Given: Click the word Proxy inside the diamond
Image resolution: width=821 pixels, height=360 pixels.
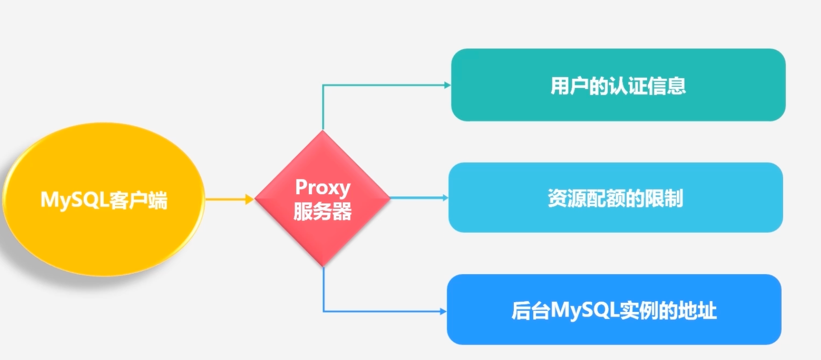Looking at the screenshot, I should (x=323, y=188).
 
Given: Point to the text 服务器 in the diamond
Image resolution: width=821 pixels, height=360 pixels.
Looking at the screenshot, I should (x=323, y=211).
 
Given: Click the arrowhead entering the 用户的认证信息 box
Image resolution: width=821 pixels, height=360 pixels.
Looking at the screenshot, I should (x=447, y=85).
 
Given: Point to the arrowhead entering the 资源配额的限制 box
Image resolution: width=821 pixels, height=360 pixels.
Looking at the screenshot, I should (x=445, y=197).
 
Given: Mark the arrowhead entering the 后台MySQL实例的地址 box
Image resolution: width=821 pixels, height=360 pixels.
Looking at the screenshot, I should (x=443, y=311).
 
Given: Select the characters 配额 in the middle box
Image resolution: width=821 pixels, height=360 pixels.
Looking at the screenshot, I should (x=605, y=198).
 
